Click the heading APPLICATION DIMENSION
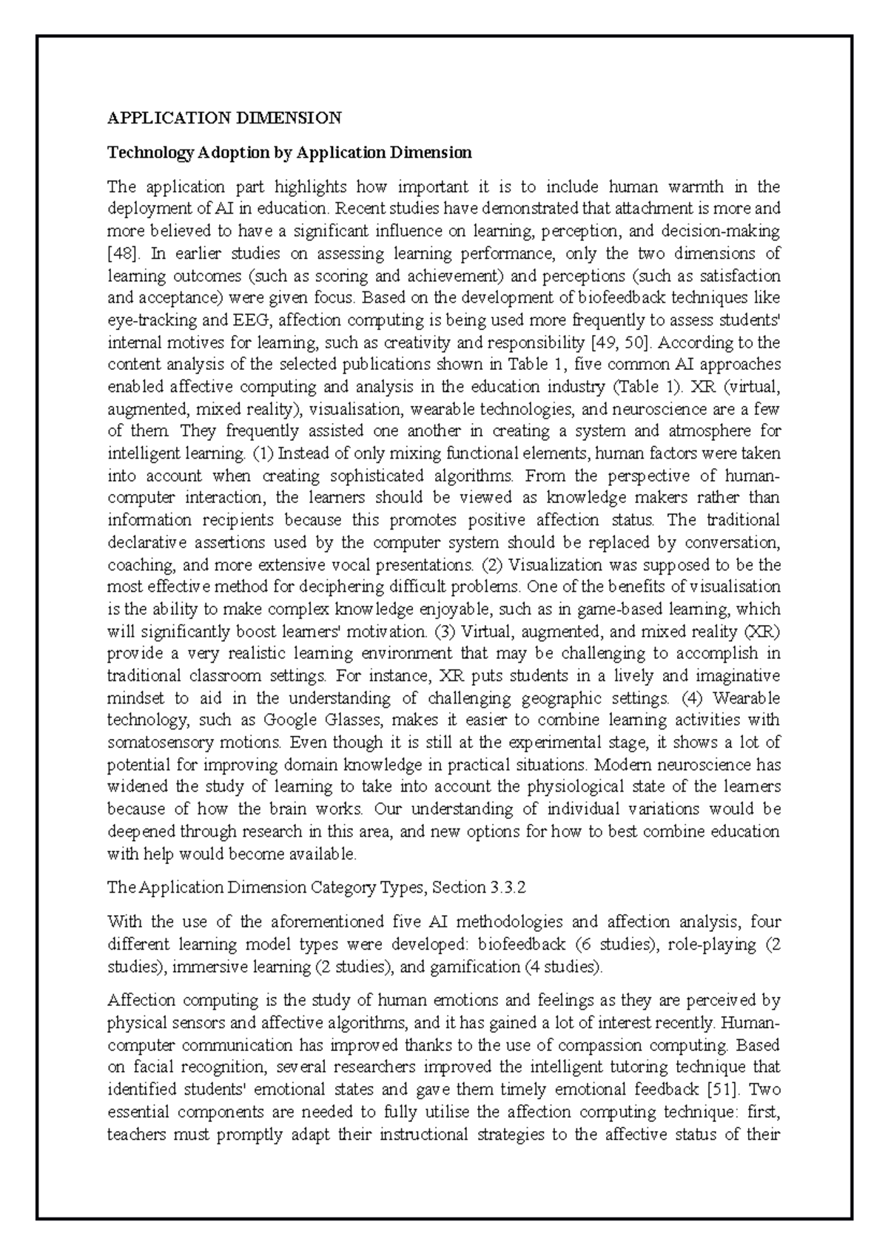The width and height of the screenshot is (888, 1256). (224, 118)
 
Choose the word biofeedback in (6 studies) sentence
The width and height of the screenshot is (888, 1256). (522, 945)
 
